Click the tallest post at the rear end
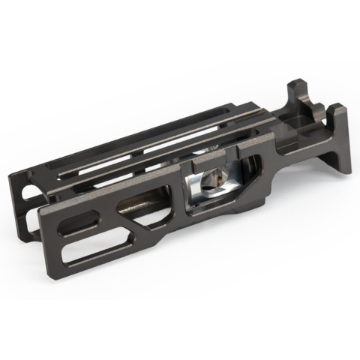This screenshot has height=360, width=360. click(x=295, y=94)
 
